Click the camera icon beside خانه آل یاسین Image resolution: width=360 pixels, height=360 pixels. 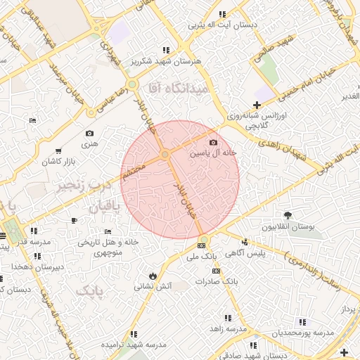(x=214, y=143)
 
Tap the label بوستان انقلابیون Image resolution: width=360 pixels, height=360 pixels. (x=288, y=227)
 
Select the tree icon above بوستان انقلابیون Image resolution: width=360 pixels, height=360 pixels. (x=288, y=215)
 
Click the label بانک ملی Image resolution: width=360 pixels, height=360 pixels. (x=202, y=257)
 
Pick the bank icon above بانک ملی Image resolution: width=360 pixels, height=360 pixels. (x=202, y=245)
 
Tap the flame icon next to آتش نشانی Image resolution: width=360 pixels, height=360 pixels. (x=153, y=275)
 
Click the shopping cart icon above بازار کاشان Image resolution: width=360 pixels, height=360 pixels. (x=58, y=150)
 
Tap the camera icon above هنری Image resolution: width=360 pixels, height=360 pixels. (x=89, y=133)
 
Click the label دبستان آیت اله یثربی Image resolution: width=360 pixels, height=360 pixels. (x=223, y=25)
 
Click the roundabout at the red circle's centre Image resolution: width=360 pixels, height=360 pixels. (x=165, y=154)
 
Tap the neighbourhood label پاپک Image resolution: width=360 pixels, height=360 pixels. (x=90, y=290)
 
